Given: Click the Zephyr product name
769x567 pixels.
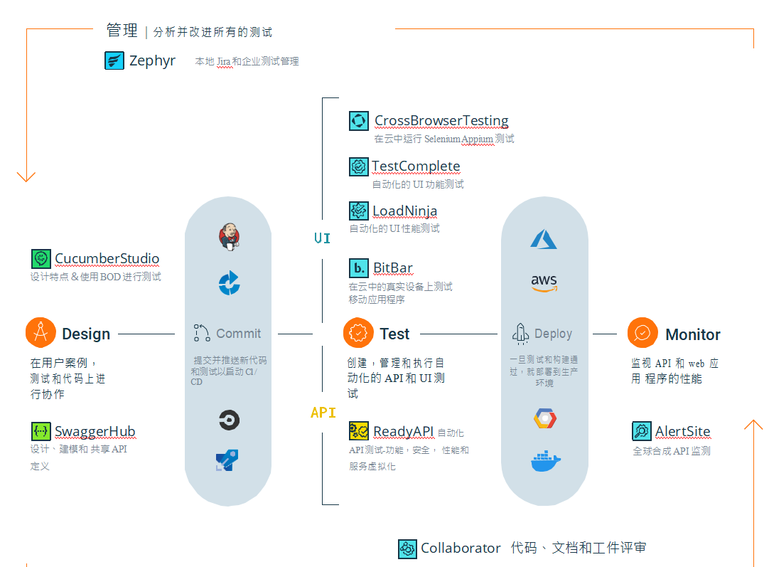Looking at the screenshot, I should (x=152, y=60).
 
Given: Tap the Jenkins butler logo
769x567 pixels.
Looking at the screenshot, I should (x=229, y=237).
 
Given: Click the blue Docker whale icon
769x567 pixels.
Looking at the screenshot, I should (x=545, y=462).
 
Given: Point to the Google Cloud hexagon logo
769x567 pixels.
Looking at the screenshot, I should (x=545, y=418).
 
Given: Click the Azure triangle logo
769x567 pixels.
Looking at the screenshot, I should (x=544, y=239).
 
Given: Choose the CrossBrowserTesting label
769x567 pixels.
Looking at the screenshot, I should (x=441, y=121).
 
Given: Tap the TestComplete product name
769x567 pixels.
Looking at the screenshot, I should (x=416, y=166).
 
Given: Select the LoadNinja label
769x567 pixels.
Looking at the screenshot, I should (x=404, y=211).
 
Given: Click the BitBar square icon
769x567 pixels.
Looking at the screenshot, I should (x=359, y=268).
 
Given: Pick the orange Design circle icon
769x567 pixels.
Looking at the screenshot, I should (x=41, y=333).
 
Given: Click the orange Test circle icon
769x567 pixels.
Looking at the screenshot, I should (x=358, y=333).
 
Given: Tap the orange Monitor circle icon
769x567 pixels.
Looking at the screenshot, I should (x=642, y=333).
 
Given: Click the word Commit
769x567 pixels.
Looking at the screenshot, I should (x=238, y=334).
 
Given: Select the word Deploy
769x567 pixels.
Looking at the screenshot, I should (x=553, y=334).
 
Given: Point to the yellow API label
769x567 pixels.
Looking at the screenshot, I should (x=323, y=413).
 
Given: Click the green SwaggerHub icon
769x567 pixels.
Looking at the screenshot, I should (x=41, y=431).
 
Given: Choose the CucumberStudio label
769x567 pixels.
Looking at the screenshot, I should (x=107, y=259).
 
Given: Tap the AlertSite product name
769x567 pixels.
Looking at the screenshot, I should (x=682, y=432).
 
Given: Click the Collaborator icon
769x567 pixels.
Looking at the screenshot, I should (x=407, y=549).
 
